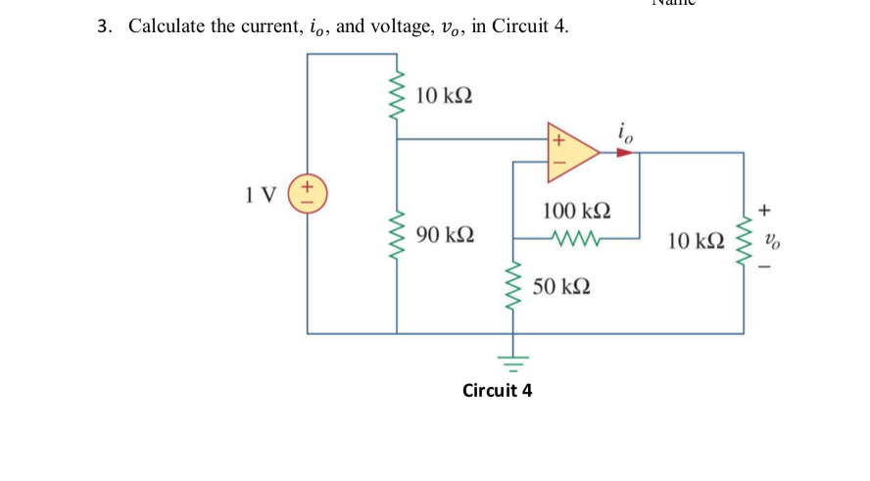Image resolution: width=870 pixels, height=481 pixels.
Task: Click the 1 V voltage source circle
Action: point(307,191)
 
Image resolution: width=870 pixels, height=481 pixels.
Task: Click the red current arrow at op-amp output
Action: point(623,153)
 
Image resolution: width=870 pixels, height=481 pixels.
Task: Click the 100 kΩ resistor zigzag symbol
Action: point(572,237)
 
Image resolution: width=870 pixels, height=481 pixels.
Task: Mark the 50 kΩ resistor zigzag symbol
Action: point(510,285)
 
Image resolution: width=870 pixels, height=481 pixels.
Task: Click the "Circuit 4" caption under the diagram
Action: point(497,391)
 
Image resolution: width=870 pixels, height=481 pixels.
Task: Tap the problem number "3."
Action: point(105,26)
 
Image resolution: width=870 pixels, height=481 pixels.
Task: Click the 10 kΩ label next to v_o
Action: point(697,240)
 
